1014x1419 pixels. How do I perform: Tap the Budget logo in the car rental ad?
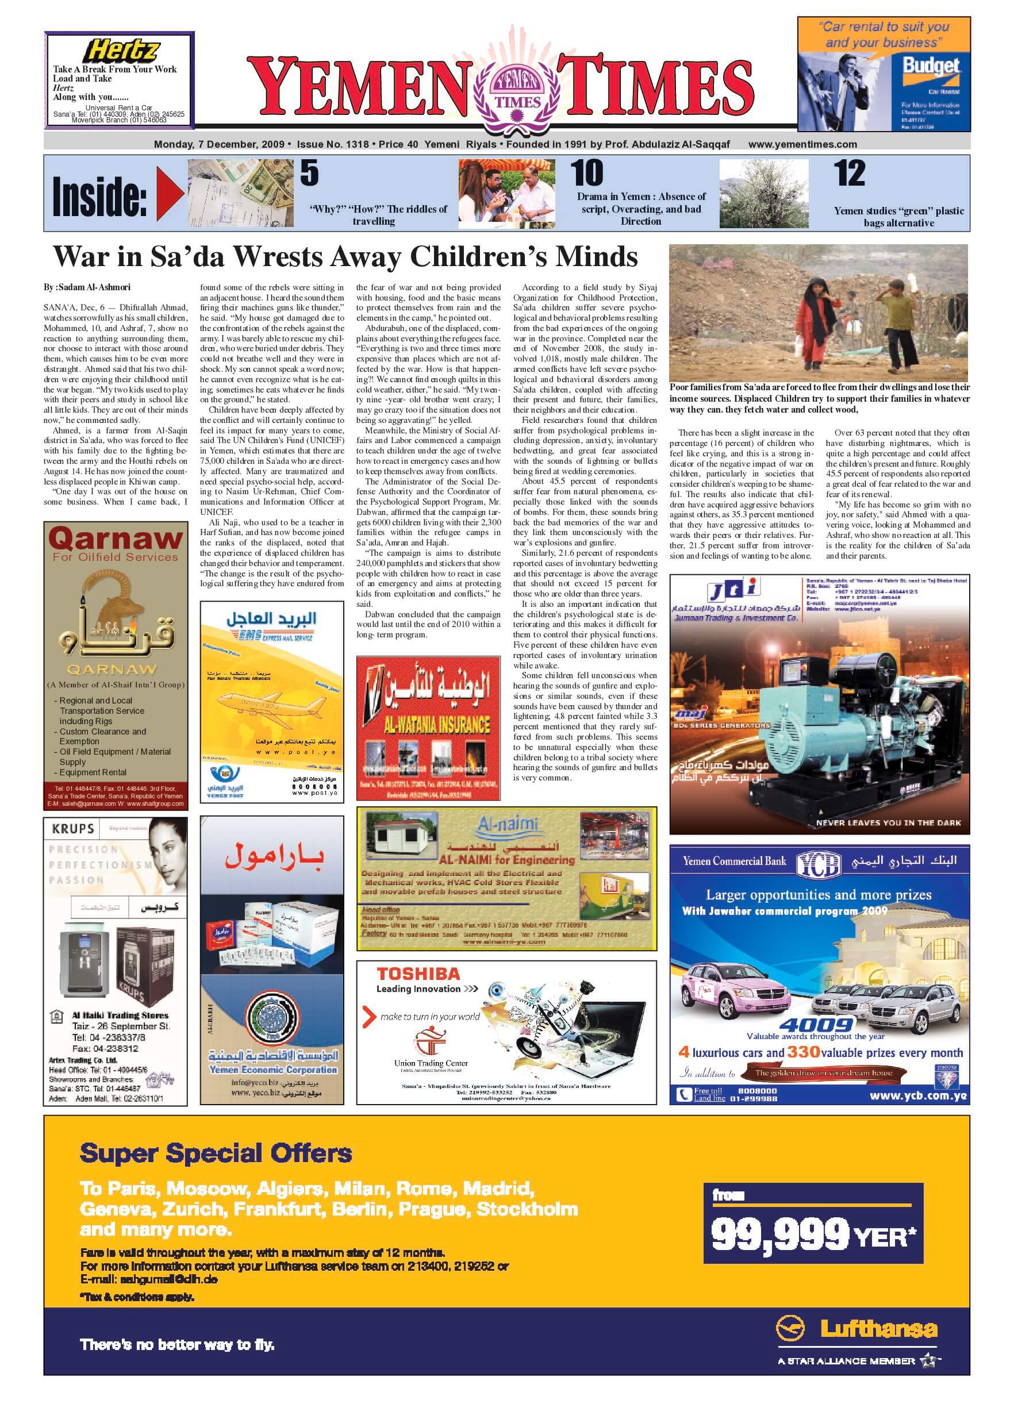(930, 67)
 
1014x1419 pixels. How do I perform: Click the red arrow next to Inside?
(170, 194)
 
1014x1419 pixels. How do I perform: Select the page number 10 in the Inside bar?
(587, 174)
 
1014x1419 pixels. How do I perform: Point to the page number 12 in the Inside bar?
(850, 174)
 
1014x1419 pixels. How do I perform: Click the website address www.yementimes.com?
(802, 144)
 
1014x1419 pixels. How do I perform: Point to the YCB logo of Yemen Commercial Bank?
(819, 863)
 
